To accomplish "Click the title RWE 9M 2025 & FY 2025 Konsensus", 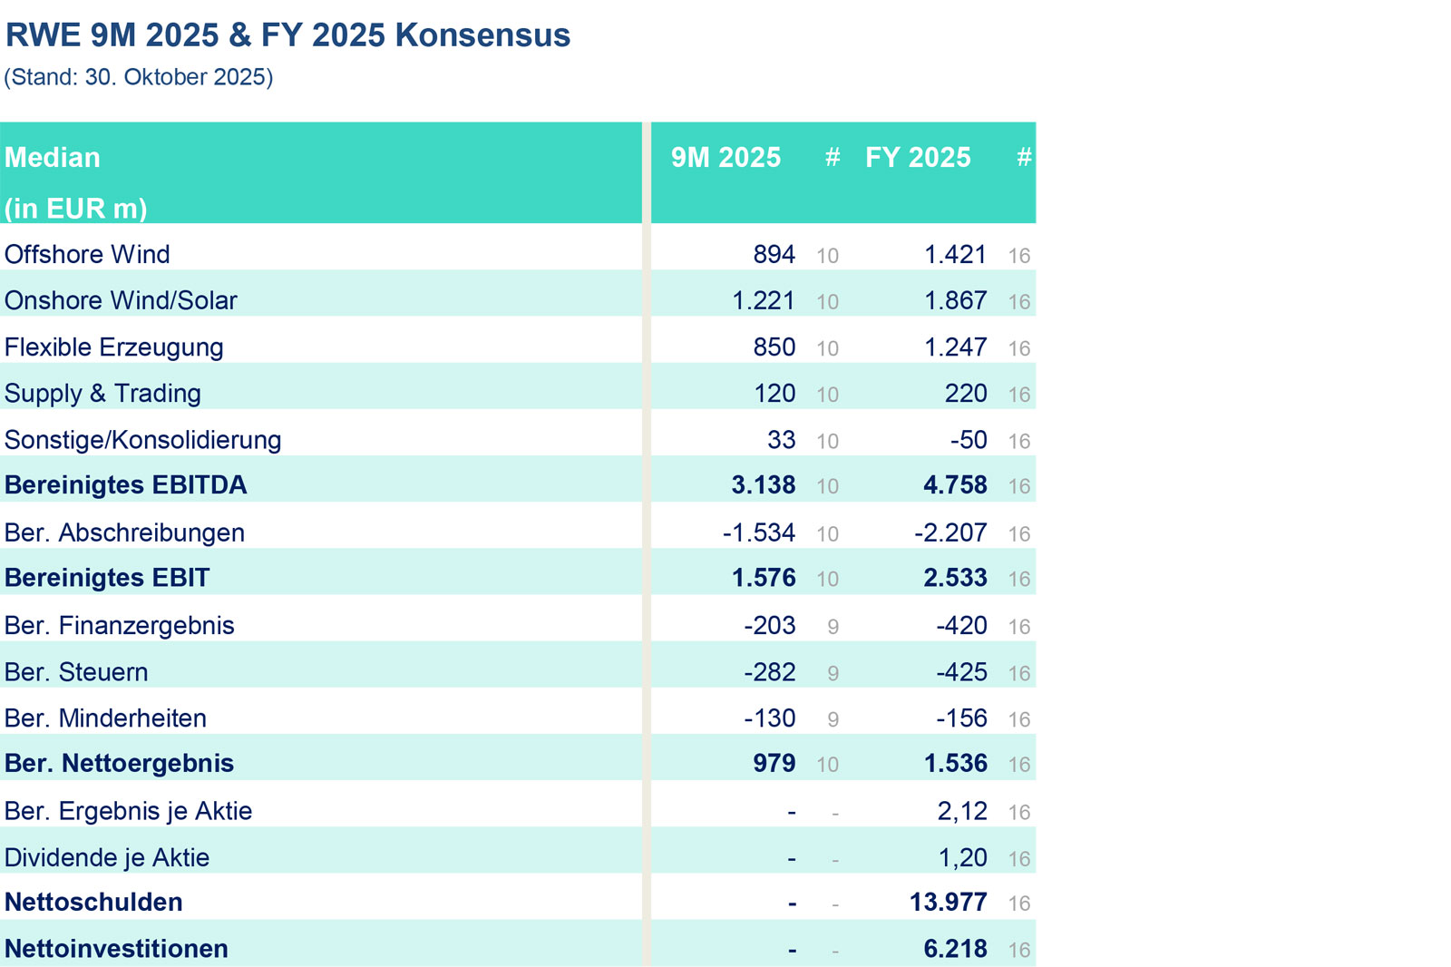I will pos(287,35).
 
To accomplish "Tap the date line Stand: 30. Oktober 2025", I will pos(139,77).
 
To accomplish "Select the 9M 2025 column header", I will pos(725,158).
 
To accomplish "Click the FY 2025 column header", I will pos(918,158).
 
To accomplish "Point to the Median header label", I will pos(53,158).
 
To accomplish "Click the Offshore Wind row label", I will pos(87,254).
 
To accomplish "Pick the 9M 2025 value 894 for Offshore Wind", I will pos(774,254).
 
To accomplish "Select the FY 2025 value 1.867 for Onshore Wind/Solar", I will pos(955,300).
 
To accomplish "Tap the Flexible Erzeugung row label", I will pos(113,347).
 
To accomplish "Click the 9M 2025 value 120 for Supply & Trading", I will pos(774,394).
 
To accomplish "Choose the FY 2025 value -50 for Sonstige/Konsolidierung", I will pos(968,440).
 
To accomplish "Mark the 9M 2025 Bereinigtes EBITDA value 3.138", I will pos(763,485).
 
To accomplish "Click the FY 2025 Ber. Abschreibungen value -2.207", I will pos(949,532).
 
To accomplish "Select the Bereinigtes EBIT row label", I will pos(107,578).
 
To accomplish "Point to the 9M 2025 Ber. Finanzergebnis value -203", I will pos(769,625).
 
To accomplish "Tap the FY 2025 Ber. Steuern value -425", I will pos(961,672).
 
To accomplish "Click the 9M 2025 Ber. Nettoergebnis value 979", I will pos(774,764).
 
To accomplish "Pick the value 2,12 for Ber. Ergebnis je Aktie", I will pos(961,811).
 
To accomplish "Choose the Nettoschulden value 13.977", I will pos(948,903).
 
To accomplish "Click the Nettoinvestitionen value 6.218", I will pos(955,949).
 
